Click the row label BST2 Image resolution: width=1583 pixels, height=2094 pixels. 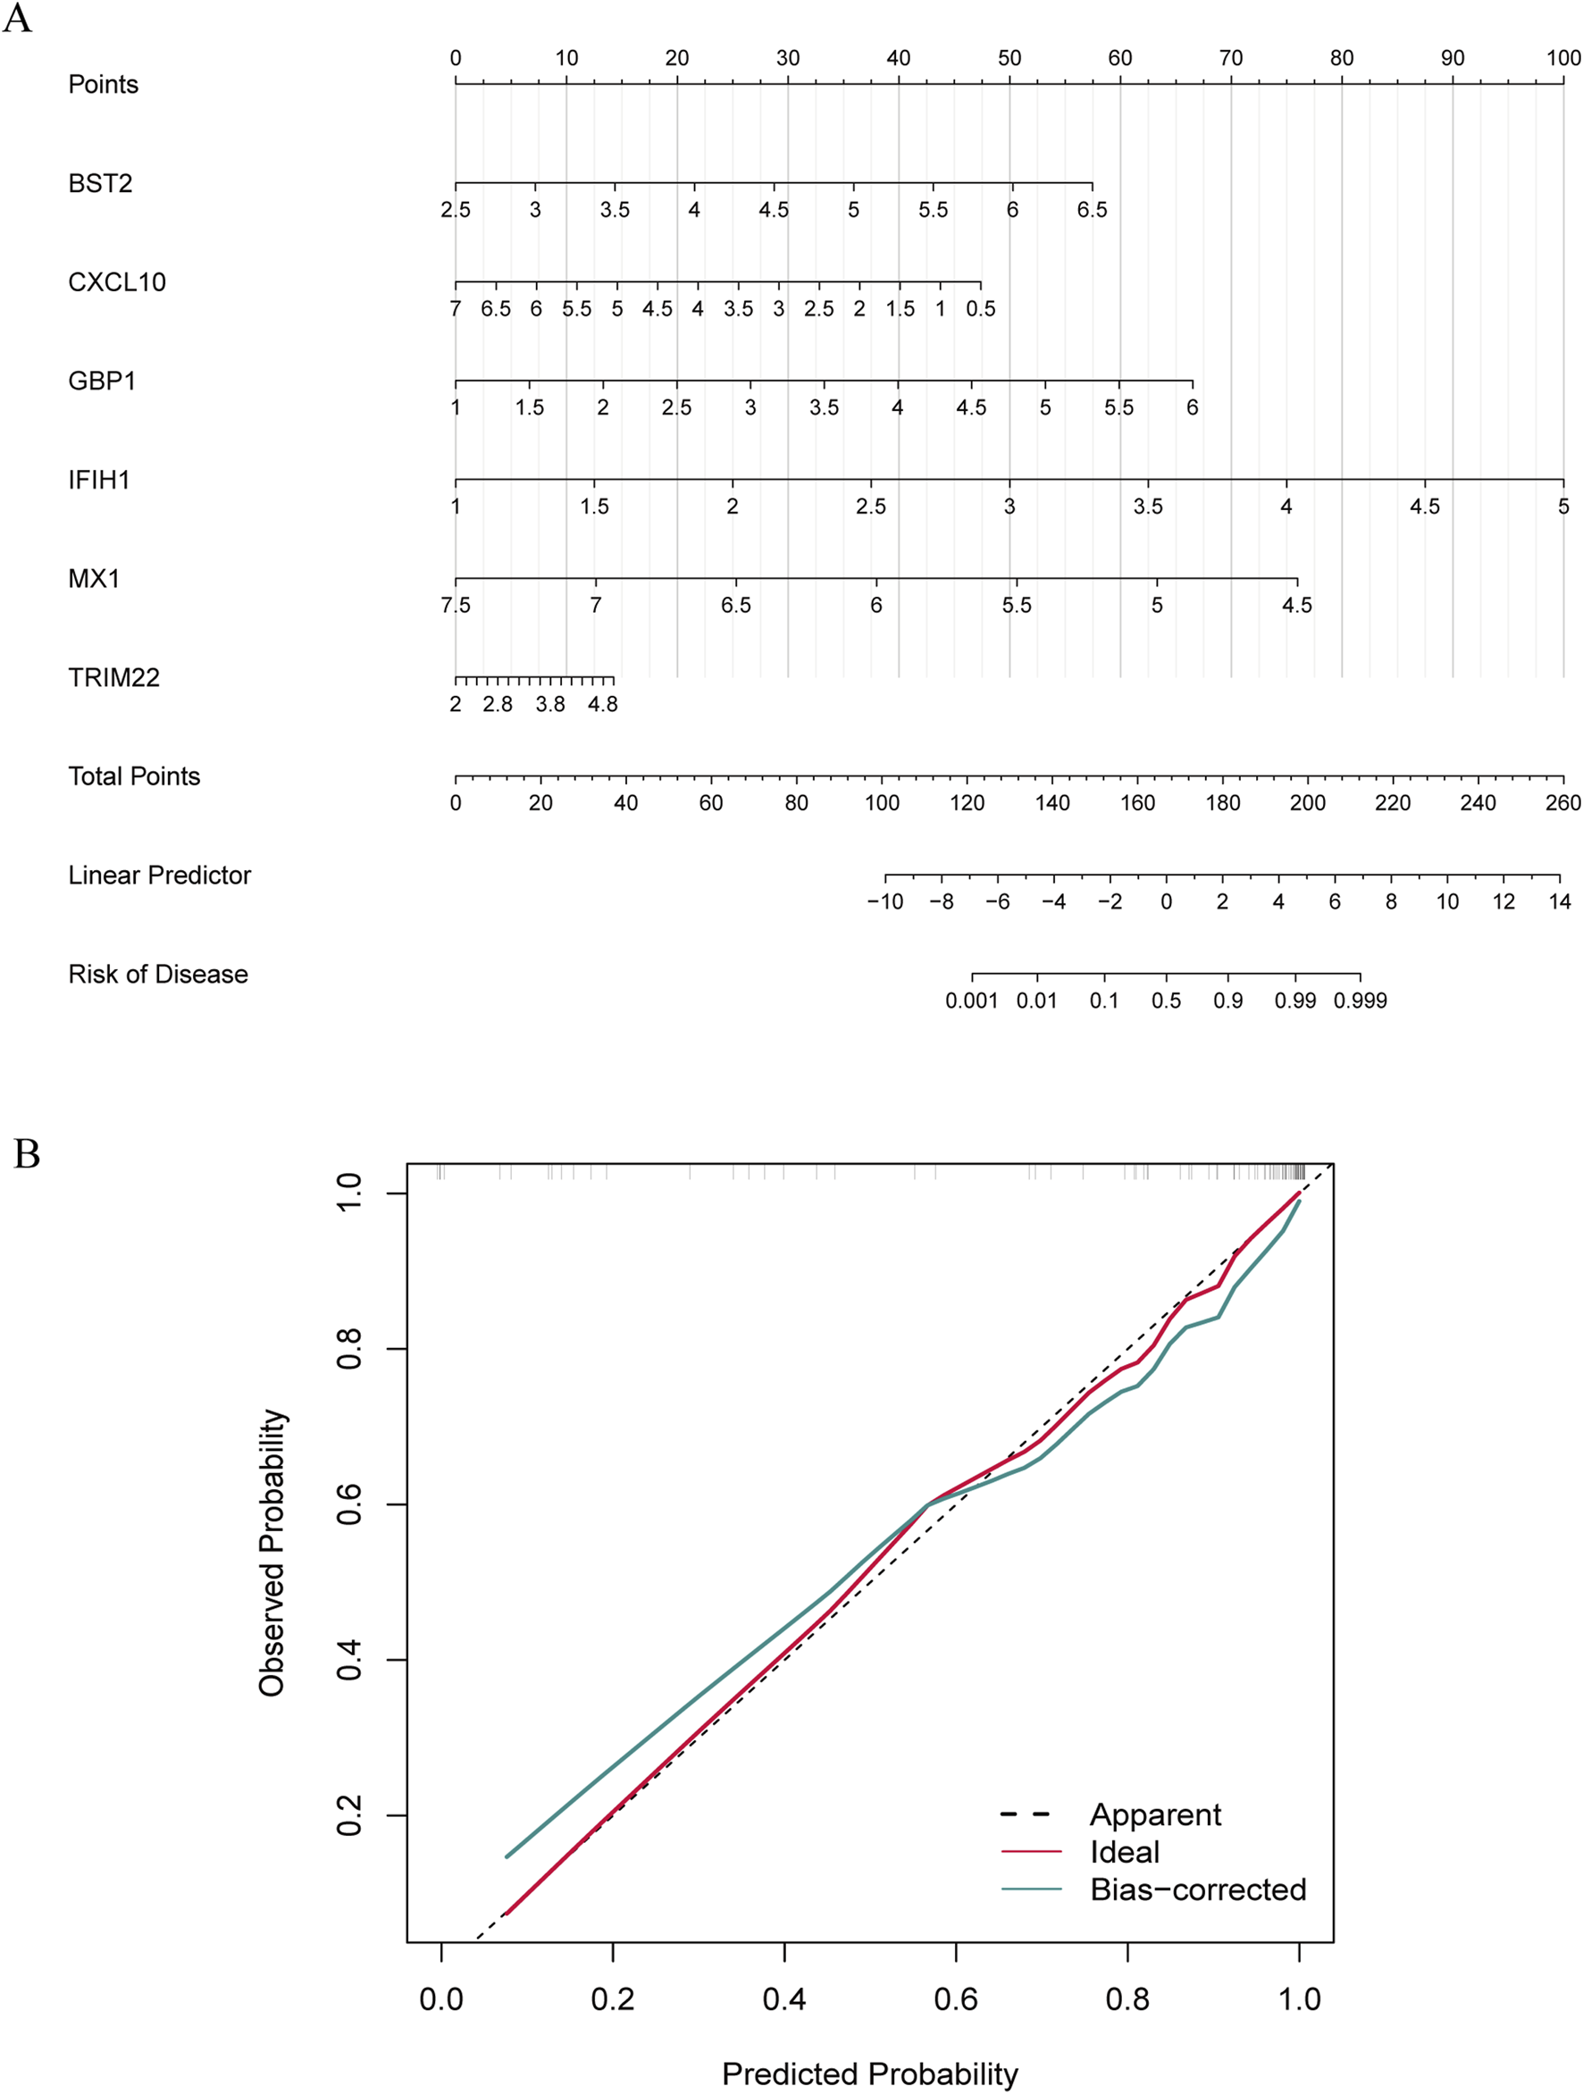[99, 183]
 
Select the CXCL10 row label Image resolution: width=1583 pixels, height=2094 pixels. [116, 282]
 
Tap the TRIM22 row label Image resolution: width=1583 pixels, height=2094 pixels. [113, 678]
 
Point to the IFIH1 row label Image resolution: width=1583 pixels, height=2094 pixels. [98, 480]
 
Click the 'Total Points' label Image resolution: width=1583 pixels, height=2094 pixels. [133, 776]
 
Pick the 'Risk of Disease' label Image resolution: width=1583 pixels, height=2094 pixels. [157, 974]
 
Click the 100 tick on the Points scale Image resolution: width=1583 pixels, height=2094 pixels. [1562, 59]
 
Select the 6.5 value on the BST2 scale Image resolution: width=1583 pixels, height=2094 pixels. [1092, 210]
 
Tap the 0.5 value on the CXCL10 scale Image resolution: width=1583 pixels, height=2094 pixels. [980, 308]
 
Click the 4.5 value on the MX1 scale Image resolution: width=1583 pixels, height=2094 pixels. [1296, 605]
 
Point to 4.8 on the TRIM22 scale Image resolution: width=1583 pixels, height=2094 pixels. [602, 704]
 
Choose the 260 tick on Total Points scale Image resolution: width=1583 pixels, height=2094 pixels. [1562, 803]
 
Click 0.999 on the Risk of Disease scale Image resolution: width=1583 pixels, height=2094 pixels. [1360, 1001]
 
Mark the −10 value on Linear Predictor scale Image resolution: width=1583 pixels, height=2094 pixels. [884, 902]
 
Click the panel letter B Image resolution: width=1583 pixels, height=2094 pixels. [27, 1155]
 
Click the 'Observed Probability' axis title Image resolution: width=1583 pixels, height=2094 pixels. [272, 1553]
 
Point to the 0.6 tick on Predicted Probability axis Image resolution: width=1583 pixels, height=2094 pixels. [955, 1998]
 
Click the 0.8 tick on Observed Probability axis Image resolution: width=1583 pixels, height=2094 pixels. [348, 1348]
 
